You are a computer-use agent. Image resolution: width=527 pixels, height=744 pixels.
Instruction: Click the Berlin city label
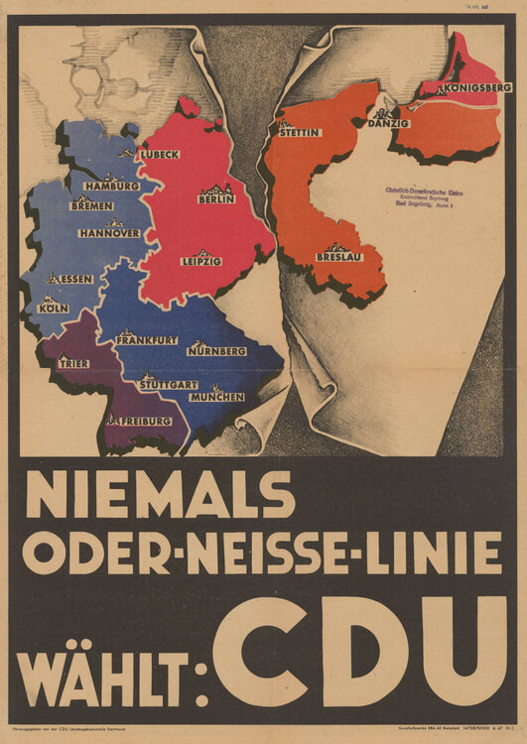216,198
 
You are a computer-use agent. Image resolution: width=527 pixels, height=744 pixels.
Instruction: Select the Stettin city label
300,131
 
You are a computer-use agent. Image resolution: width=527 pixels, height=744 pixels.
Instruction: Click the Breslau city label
337,257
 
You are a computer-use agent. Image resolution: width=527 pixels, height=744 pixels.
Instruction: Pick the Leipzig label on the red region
201,261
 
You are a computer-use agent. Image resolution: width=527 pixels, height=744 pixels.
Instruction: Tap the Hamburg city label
112,186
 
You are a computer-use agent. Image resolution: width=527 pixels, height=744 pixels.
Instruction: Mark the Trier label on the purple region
72,363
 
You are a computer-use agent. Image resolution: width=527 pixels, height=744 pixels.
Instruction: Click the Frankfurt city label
147,340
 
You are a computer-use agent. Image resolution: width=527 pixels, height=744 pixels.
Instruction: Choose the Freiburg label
140,421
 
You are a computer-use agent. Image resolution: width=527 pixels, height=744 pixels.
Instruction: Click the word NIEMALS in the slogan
161,494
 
